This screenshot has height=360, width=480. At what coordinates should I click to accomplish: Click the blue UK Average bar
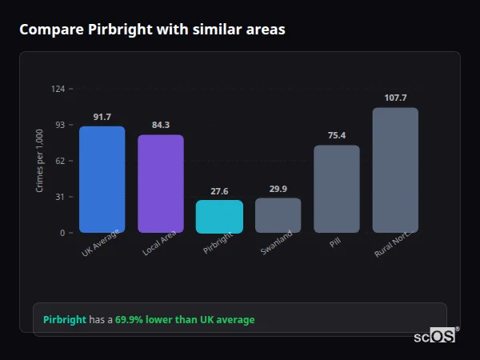(102, 179)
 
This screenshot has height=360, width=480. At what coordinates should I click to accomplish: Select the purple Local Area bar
(161, 183)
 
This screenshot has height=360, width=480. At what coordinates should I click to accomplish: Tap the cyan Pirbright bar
(219, 216)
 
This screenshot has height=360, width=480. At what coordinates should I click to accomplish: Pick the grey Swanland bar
(278, 215)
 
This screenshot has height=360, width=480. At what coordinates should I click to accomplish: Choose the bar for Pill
(337, 189)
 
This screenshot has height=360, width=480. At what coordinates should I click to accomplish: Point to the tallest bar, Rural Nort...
(395, 170)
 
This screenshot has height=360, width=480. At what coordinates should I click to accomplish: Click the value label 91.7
(102, 117)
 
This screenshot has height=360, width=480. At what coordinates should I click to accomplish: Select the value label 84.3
(161, 125)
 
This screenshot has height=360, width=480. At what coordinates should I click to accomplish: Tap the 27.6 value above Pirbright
(219, 191)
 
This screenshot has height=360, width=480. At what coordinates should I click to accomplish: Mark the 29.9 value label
(278, 189)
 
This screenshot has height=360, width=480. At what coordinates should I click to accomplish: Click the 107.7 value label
(395, 98)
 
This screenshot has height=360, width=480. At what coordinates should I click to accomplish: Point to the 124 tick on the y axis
(58, 89)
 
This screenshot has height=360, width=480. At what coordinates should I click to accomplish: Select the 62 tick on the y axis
(60, 161)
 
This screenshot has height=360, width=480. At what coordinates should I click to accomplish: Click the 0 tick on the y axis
(62, 233)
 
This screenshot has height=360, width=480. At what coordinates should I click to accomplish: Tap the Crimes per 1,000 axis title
(39, 161)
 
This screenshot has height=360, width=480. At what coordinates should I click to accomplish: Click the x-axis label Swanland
(277, 243)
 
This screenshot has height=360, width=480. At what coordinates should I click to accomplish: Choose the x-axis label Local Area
(159, 244)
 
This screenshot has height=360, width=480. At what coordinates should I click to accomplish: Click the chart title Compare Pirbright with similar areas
(152, 30)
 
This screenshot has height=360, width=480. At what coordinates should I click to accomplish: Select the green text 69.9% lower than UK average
(185, 320)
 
